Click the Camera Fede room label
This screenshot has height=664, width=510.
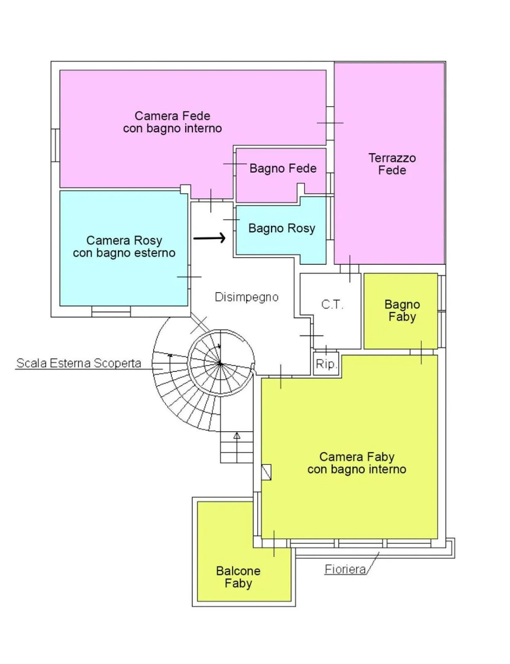point(172,122)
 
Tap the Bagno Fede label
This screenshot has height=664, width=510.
point(283,168)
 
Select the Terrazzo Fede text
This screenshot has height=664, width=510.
point(392,164)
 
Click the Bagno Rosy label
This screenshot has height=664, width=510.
point(282,228)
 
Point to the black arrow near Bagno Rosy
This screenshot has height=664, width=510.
point(210,238)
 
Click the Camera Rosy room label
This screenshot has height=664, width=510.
point(124,247)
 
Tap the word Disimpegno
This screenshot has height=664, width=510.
point(246,297)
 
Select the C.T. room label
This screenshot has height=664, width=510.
point(332,305)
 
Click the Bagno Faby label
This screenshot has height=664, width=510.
point(402,310)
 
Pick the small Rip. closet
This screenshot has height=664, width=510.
point(326,364)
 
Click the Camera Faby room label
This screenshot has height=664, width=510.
point(357,463)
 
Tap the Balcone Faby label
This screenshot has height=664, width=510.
point(238,577)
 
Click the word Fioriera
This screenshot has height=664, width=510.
point(345,569)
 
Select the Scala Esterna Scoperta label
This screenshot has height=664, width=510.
point(79,363)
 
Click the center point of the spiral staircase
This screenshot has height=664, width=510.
point(220,364)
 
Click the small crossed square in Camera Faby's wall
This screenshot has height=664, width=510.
point(266,472)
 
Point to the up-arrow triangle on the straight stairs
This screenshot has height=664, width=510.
point(237,436)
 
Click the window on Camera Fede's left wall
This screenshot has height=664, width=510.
point(55,145)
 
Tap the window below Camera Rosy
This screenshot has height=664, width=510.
point(111,312)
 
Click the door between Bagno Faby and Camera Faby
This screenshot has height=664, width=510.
point(421,352)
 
